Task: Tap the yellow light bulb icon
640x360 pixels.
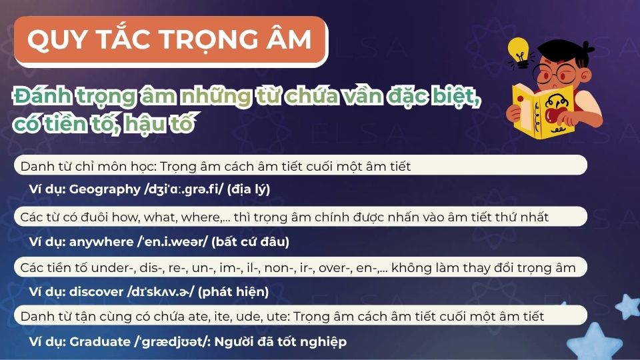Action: pyautogui.click(x=517, y=51)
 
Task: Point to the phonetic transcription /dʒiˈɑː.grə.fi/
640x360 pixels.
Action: pyautogui.click(x=183, y=189)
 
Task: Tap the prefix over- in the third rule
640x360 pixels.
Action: pyautogui.click(x=331, y=267)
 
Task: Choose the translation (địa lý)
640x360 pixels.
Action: pyautogui.click(x=248, y=189)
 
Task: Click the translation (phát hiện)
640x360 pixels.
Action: pyautogui.click(x=233, y=291)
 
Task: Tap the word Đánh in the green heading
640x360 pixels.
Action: pyautogui.click(x=41, y=99)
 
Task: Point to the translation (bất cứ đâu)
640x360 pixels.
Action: pyautogui.click(x=250, y=241)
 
